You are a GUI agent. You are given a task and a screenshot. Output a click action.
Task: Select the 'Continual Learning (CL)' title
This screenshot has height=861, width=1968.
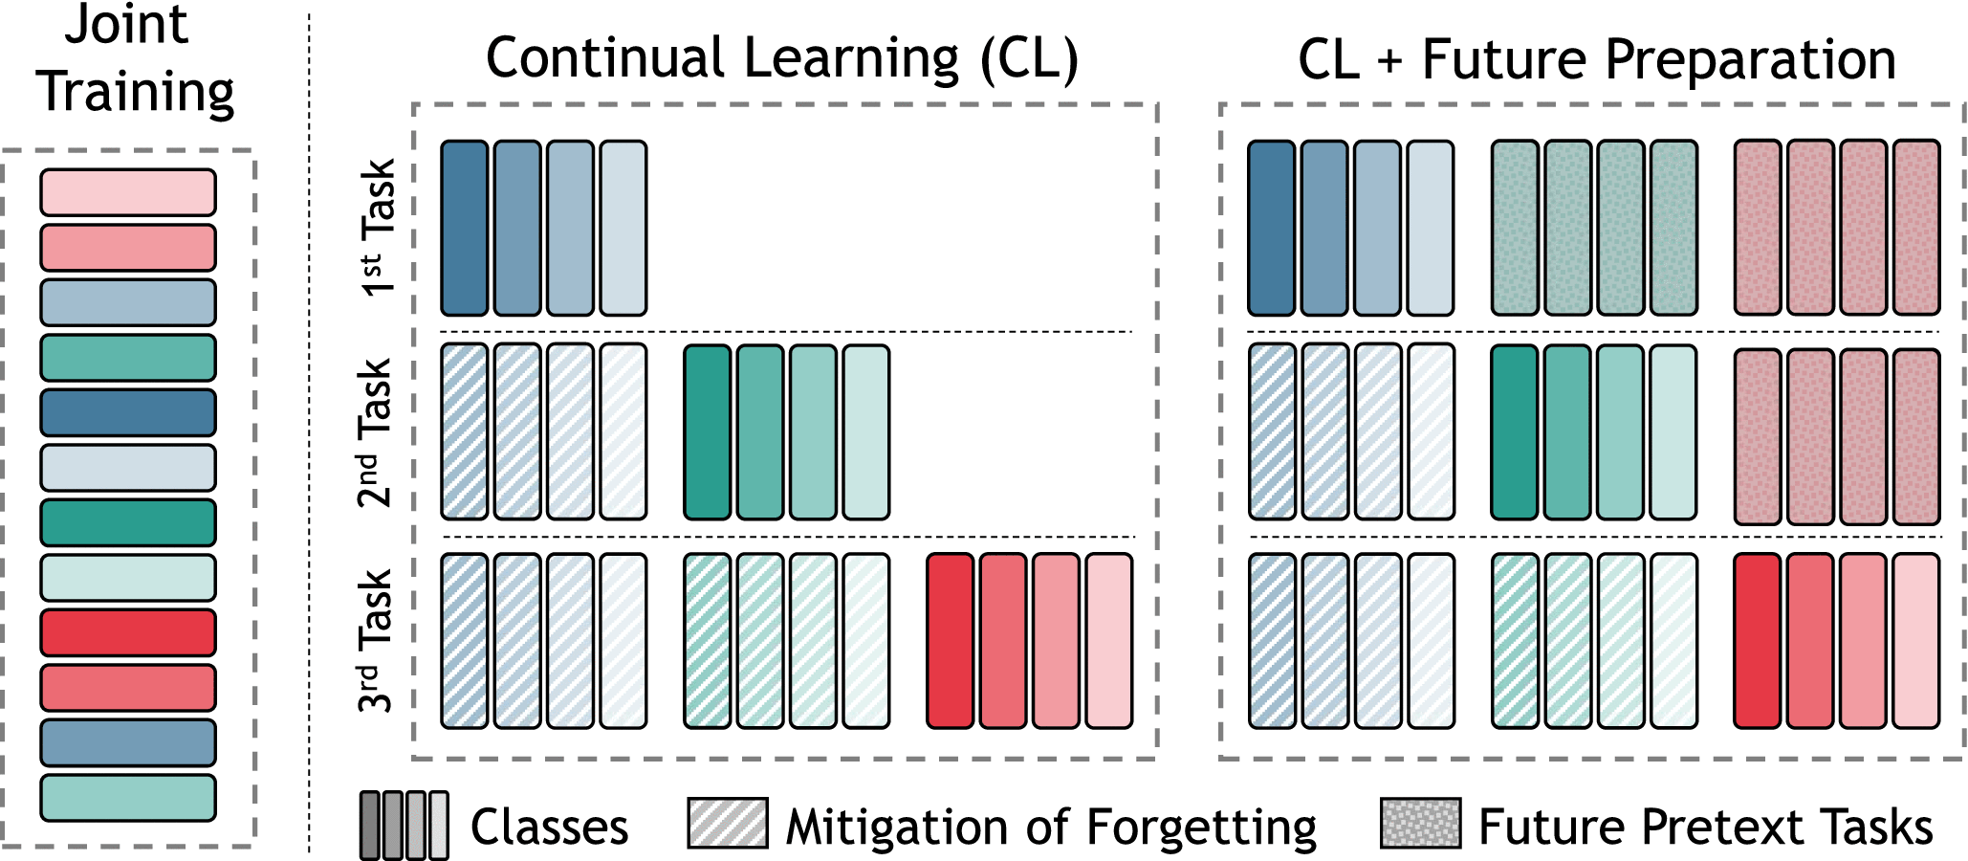coord(781,59)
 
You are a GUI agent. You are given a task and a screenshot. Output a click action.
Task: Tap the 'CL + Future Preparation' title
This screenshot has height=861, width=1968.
coord(1596,60)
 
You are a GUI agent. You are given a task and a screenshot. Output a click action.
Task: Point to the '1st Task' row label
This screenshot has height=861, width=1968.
coord(379,228)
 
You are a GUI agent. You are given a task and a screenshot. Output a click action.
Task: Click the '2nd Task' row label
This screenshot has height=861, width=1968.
coord(375,432)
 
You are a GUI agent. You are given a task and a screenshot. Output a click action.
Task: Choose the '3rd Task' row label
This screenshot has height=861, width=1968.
coord(375,641)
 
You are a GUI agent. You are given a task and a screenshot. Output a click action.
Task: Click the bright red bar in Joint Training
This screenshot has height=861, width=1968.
coord(128,632)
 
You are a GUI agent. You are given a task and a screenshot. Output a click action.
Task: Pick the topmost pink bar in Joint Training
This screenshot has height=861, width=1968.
coord(128,192)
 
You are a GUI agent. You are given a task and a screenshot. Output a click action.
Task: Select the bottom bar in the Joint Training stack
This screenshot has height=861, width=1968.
coord(128,798)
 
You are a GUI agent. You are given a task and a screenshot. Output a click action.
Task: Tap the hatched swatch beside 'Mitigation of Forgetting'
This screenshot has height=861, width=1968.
coord(727,824)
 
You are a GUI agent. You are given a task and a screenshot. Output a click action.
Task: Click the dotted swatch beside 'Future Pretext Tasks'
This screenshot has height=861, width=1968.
coord(1420,824)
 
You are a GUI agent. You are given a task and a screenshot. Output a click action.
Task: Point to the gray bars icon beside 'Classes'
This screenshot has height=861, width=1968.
coord(404,825)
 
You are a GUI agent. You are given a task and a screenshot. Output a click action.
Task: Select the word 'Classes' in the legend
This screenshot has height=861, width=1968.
coord(549,828)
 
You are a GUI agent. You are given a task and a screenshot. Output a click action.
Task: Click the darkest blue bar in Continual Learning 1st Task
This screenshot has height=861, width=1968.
coord(465,229)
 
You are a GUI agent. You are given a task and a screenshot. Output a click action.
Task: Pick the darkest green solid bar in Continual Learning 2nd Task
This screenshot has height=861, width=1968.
coord(708,432)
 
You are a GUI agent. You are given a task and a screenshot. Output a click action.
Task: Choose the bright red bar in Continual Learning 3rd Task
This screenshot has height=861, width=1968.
coord(951,641)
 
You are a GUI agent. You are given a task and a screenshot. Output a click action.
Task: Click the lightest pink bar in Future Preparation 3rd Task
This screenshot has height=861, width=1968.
coord(1916,641)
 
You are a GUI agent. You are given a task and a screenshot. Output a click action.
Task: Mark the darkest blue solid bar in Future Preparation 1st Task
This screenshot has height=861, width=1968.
coord(1272,229)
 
